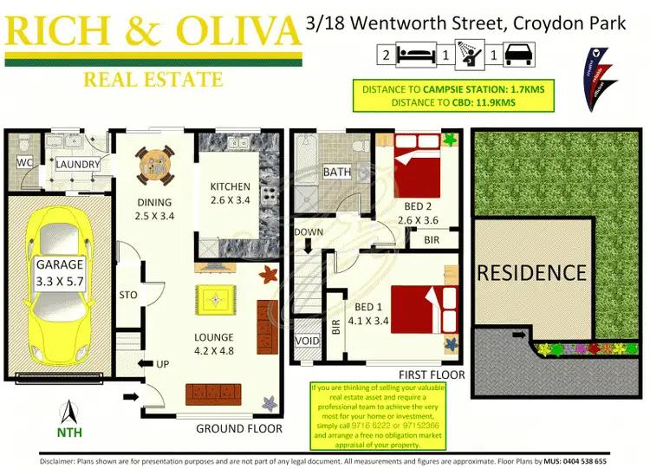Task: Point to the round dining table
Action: tap(153, 163)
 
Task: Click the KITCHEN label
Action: tap(230, 186)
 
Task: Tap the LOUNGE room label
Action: tap(213, 337)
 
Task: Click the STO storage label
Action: tap(128, 295)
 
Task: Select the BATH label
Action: tap(336, 172)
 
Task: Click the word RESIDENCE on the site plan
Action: tap(531, 273)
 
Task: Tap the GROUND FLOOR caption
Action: tap(238, 428)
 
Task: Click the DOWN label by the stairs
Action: tap(308, 231)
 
